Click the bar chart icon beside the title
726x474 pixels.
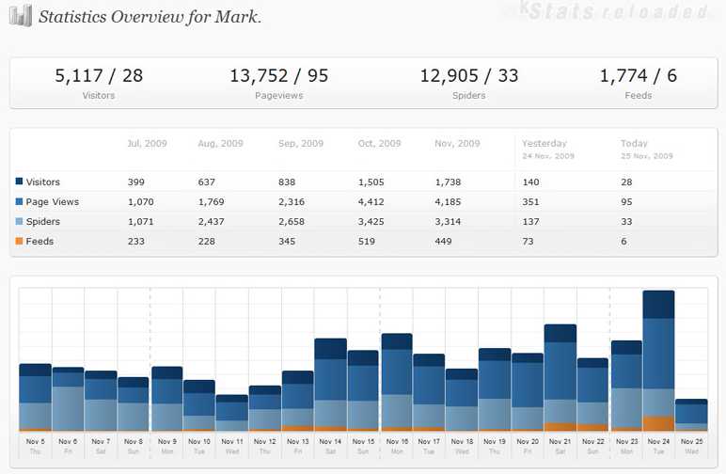(22, 16)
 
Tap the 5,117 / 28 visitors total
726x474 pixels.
(99, 76)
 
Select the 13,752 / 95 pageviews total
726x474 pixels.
(278, 76)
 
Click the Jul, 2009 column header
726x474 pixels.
(147, 144)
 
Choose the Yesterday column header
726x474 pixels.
(542, 144)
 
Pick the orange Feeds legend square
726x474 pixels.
(19, 242)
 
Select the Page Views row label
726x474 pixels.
(52, 202)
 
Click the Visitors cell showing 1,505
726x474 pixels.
(372, 182)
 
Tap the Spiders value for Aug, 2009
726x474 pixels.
(213, 222)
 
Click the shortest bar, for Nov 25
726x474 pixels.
(691, 415)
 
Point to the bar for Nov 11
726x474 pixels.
(231, 413)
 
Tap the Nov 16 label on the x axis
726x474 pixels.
(396, 441)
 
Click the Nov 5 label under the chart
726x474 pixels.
(35, 441)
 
